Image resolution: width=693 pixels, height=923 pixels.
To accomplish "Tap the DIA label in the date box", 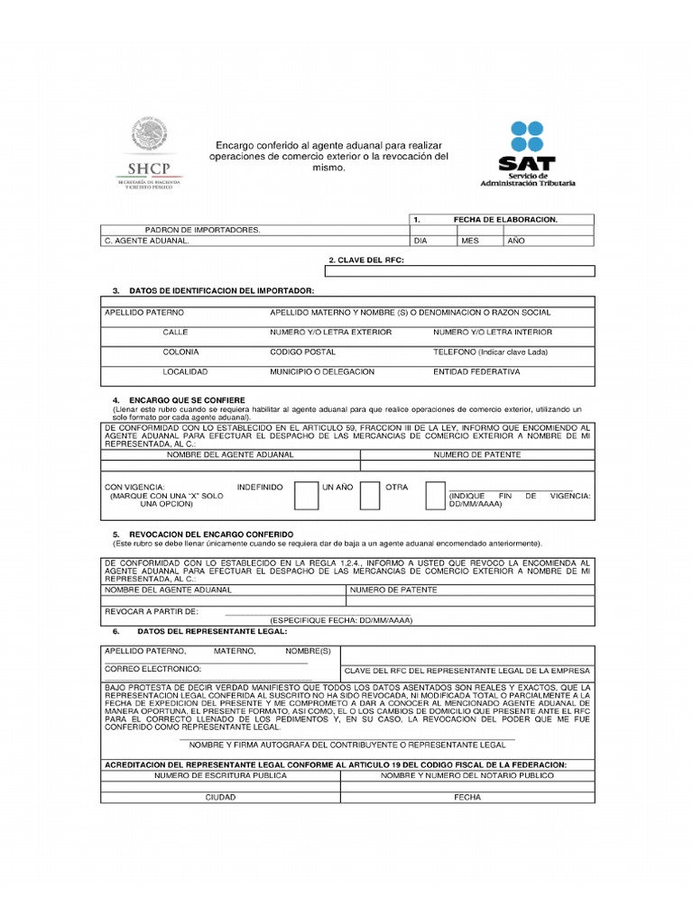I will point(420,242).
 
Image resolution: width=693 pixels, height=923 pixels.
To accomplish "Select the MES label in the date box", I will point(470,242).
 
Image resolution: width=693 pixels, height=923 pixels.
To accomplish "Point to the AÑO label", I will point(515,242).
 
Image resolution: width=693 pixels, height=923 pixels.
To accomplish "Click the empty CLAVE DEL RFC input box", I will point(460,270).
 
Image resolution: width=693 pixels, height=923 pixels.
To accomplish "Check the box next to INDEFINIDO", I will point(307,495).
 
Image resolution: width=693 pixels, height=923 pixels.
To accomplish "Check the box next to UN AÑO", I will point(370,495).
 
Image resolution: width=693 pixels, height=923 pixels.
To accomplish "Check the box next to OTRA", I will point(436,495).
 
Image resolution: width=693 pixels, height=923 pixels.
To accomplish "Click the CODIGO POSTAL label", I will point(297,352).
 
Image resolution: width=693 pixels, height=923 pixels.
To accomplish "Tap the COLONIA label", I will point(180,352).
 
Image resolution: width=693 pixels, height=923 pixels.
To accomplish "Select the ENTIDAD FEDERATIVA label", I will point(476,371).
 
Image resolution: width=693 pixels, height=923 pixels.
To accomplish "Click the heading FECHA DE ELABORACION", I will point(505,220).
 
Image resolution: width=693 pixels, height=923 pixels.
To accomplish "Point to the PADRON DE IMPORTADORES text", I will point(202,230).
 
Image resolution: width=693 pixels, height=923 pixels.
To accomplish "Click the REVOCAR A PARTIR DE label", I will point(152,612).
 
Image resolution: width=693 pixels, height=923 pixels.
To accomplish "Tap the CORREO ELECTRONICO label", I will point(152,670).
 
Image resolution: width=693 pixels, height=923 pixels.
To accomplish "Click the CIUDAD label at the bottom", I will point(220,798).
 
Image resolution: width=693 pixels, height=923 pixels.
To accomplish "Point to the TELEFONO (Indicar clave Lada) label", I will point(490,352).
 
